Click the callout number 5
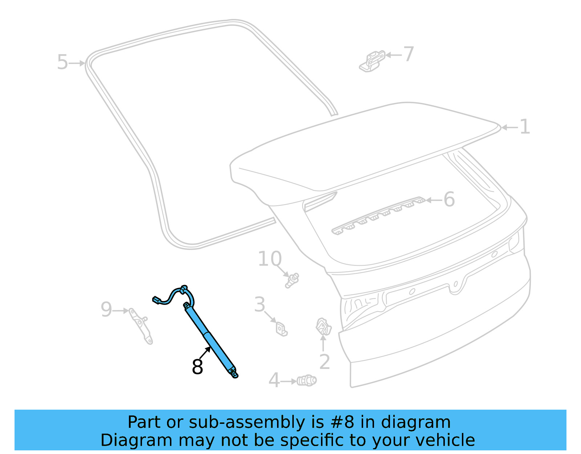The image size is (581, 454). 62,63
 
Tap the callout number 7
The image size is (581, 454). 409,55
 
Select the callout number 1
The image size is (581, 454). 524,127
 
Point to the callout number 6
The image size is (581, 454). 449,200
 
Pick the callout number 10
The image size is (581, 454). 269,259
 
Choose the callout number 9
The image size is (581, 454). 106,310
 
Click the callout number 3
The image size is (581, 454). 260,305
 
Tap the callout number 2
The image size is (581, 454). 324,362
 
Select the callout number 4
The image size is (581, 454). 274,381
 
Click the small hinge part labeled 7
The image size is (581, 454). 372,61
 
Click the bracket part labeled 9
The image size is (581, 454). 142,326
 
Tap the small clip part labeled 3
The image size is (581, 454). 281,329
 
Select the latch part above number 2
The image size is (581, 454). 324,326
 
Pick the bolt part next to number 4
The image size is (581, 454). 307,381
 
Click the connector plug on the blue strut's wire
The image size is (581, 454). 157,300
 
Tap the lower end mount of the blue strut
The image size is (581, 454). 234,373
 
